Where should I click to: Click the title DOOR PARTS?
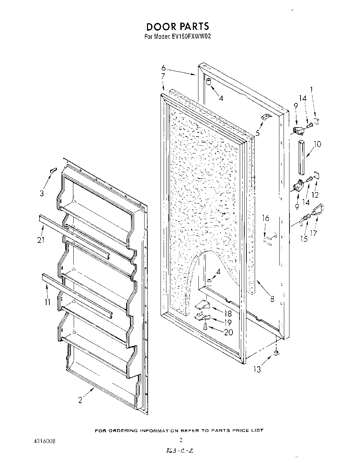(x=177, y=26)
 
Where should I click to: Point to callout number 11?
(x=48, y=302)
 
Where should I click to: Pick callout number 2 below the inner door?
(x=80, y=400)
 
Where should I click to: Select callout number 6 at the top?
(x=163, y=68)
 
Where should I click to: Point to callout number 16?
(x=265, y=218)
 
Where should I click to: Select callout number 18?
(x=228, y=313)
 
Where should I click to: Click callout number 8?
(x=272, y=298)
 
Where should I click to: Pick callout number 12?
(x=315, y=195)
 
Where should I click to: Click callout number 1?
(x=312, y=89)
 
